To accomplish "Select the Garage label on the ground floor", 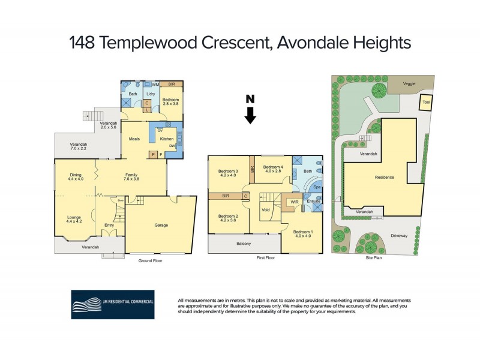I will pyautogui.click(x=161, y=225).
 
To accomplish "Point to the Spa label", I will pyautogui.click(x=317, y=188).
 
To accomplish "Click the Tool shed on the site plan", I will pyautogui.click(x=426, y=103).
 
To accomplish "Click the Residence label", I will pyautogui.click(x=385, y=178).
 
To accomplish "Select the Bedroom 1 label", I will pyautogui.click(x=304, y=232).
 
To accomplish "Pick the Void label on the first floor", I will pyautogui.click(x=265, y=210).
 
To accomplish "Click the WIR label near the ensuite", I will pyautogui.click(x=295, y=202).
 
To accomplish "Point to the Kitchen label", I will pyautogui.click(x=167, y=139).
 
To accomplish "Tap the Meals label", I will pyautogui.click(x=134, y=139).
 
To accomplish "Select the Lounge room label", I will pyautogui.click(x=75, y=218).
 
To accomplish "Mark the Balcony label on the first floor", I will pyautogui.click(x=243, y=244).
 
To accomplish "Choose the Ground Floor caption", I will pyautogui.click(x=149, y=261).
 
